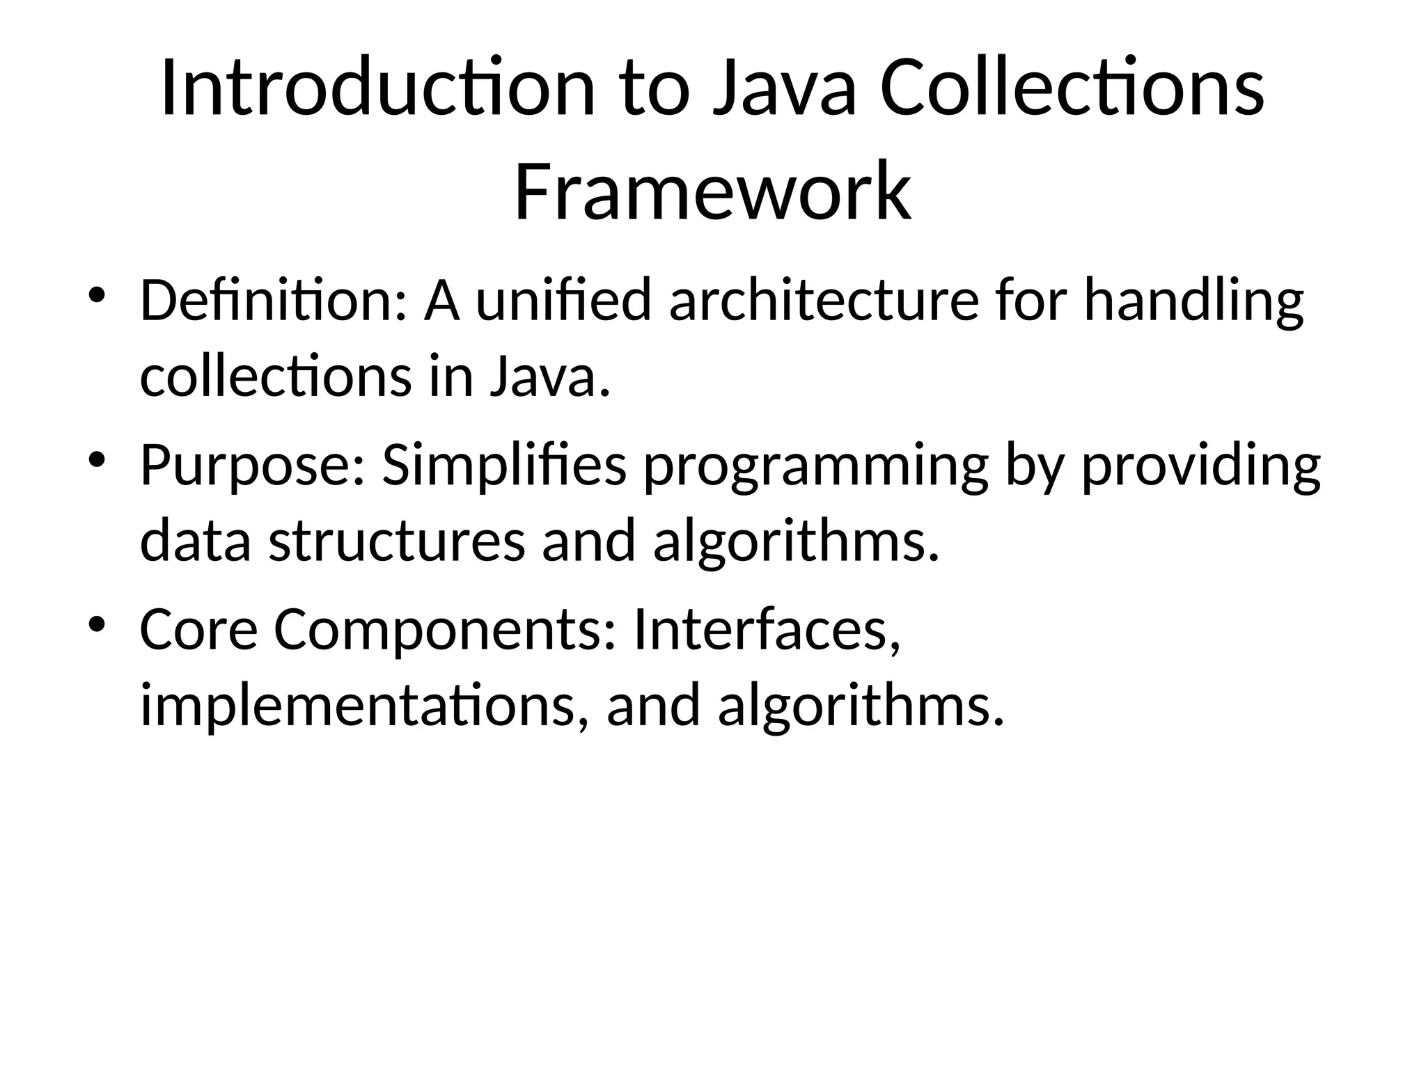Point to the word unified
pos(563,301)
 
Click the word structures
pos(397,541)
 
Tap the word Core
pos(199,629)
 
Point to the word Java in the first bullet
pos(544,377)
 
